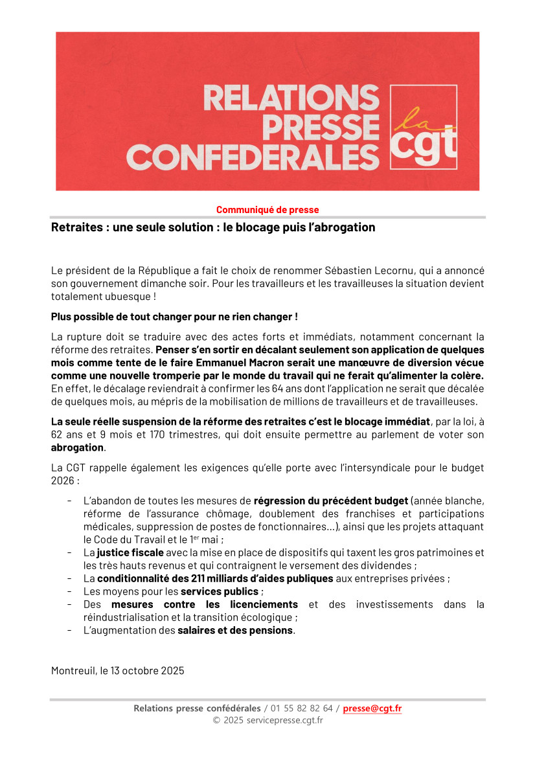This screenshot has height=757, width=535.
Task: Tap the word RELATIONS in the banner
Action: point(291,98)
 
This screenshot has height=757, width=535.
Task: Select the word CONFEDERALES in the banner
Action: point(253,157)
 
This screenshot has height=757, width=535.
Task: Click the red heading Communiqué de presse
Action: point(267,210)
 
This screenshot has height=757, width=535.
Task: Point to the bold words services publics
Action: point(220,591)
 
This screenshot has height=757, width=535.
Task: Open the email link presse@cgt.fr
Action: point(372,708)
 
